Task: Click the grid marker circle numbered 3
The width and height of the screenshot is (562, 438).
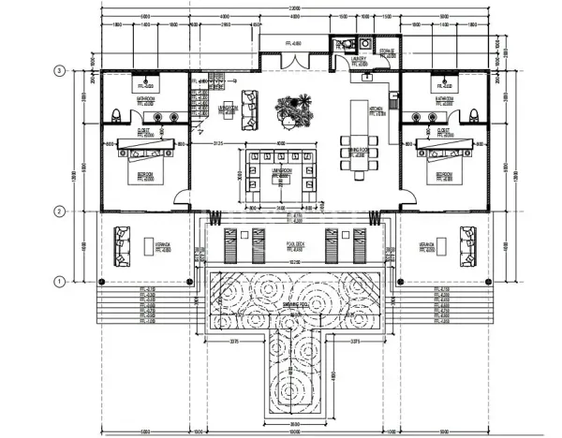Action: (x=59, y=70)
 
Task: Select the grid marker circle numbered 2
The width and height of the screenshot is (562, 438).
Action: (x=59, y=212)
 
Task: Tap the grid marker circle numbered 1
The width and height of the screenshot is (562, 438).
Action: (x=59, y=280)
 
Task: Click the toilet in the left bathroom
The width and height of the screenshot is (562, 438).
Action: (x=113, y=115)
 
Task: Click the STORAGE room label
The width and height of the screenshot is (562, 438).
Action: (x=387, y=52)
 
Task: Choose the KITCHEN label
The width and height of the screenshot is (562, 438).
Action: (x=377, y=109)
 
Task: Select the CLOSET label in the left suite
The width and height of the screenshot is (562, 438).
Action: (x=143, y=132)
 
